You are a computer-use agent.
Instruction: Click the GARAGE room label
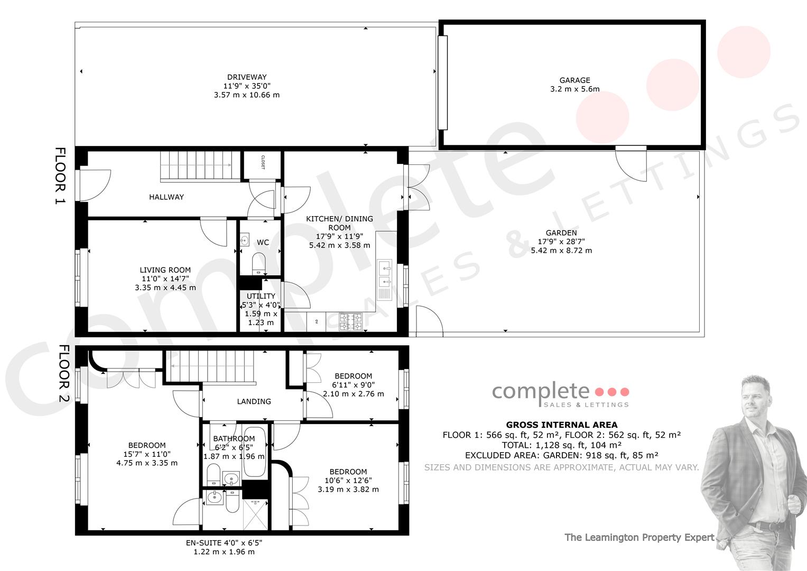(574, 80)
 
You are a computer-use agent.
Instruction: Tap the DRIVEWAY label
(247, 77)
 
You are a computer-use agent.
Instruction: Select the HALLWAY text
(166, 197)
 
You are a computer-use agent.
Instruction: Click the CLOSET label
(263, 162)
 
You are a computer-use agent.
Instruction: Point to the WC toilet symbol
(258, 263)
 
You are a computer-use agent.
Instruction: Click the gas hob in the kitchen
(350, 322)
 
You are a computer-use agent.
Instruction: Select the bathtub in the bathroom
(255, 452)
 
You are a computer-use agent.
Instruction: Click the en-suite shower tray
(255, 514)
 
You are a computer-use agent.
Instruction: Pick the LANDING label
(254, 402)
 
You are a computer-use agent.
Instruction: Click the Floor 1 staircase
(200, 165)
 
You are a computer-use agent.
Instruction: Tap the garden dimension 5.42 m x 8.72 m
(561, 251)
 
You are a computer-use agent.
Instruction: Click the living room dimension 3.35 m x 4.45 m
(165, 288)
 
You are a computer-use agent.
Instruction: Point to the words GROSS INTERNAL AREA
(562, 425)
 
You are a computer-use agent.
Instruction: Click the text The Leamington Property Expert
(639, 538)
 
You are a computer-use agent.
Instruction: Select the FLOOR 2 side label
(64, 373)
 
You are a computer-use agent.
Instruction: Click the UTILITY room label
(261, 296)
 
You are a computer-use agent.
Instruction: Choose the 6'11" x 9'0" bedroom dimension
(354, 385)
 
